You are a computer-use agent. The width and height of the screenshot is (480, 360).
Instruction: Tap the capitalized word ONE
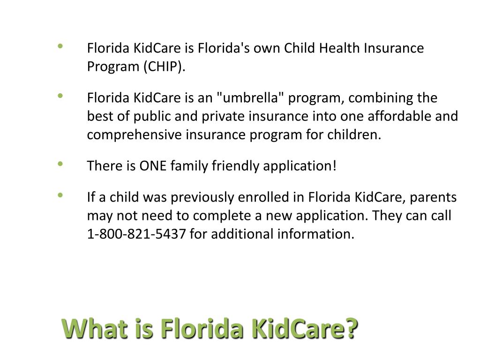pyautogui.click(x=153, y=166)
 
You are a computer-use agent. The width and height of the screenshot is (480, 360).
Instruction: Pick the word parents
pyautogui.click(x=434, y=197)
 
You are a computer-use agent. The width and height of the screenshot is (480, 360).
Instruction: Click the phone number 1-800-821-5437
pyautogui.click(x=136, y=234)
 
